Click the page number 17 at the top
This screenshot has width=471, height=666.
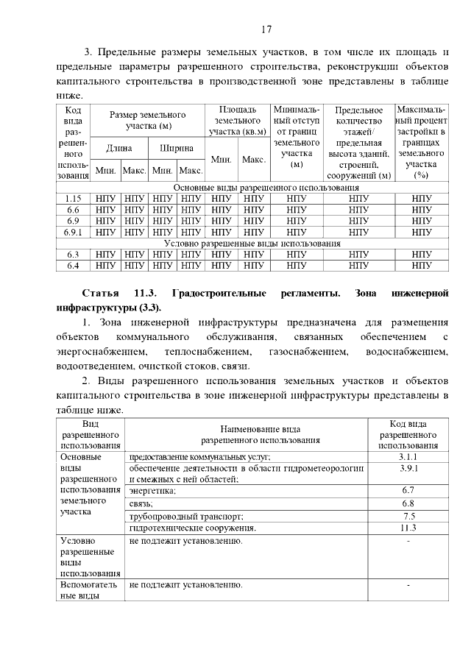(x=266, y=29)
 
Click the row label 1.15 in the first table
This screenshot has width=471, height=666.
(x=73, y=198)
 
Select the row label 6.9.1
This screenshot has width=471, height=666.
(x=73, y=232)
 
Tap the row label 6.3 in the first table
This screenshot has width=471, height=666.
(x=73, y=254)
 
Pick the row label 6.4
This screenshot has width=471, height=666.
(x=73, y=265)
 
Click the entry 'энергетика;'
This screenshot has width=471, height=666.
(x=152, y=491)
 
